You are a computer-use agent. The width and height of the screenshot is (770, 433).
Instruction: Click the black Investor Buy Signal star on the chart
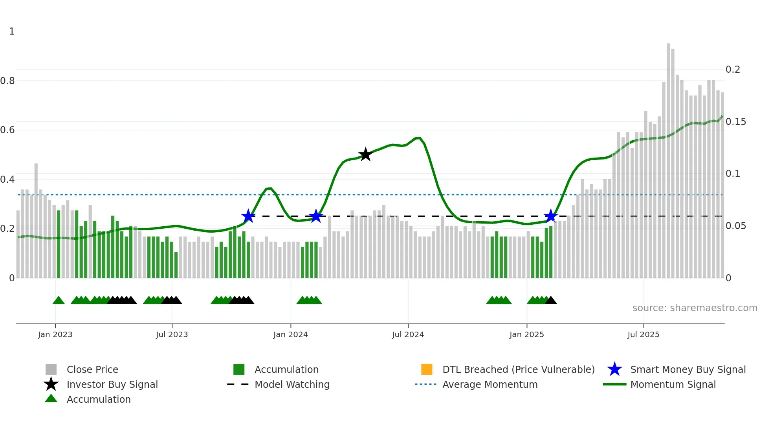click(x=365, y=154)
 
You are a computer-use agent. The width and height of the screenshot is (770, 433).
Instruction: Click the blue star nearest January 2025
click(x=551, y=216)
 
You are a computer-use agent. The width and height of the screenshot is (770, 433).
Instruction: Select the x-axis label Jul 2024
click(x=408, y=334)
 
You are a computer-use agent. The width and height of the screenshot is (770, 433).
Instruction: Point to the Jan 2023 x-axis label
click(x=55, y=334)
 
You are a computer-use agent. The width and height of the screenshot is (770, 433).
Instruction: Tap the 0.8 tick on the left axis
click(x=7, y=81)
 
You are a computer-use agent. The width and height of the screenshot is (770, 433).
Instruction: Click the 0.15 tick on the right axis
click(x=735, y=122)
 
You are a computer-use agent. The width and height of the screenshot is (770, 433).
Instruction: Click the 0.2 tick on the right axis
click(x=733, y=70)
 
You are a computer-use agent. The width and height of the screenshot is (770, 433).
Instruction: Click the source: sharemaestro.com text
click(x=695, y=308)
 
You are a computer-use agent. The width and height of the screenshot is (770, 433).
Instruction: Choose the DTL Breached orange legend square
click(x=427, y=369)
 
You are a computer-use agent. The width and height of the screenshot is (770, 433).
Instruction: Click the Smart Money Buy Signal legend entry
click(x=687, y=369)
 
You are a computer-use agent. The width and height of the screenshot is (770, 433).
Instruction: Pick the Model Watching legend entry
click(x=291, y=384)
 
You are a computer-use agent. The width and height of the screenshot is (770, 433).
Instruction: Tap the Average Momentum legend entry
click(x=489, y=384)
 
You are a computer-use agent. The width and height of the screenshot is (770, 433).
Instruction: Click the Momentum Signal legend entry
click(x=673, y=384)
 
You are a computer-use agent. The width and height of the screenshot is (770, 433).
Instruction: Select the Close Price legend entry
click(x=92, y=369)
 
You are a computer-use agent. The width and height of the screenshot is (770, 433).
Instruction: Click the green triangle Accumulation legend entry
click(x=98, y=399)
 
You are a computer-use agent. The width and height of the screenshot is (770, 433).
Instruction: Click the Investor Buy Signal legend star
click(x=51, y=384)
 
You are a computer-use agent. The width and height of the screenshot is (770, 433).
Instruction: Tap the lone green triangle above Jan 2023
click(x=59, y=301)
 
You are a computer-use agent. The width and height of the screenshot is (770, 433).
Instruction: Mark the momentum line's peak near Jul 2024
click(x=419, y=138)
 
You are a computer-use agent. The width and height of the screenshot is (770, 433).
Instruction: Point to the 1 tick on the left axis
click(x=12, y=31)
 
